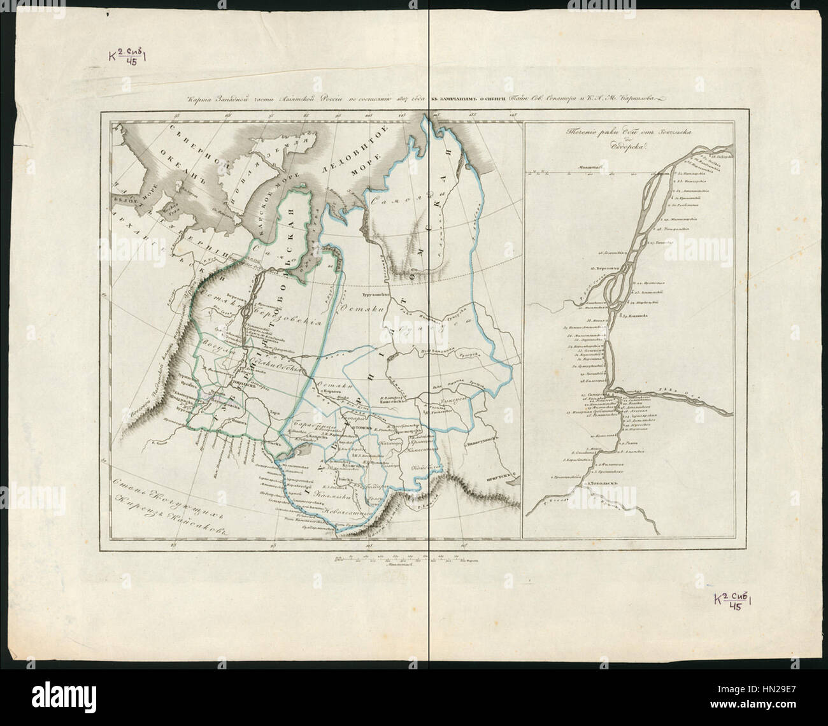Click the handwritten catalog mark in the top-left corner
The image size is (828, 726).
pos(127,57)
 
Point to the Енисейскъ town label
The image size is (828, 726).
pos(393,402)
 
